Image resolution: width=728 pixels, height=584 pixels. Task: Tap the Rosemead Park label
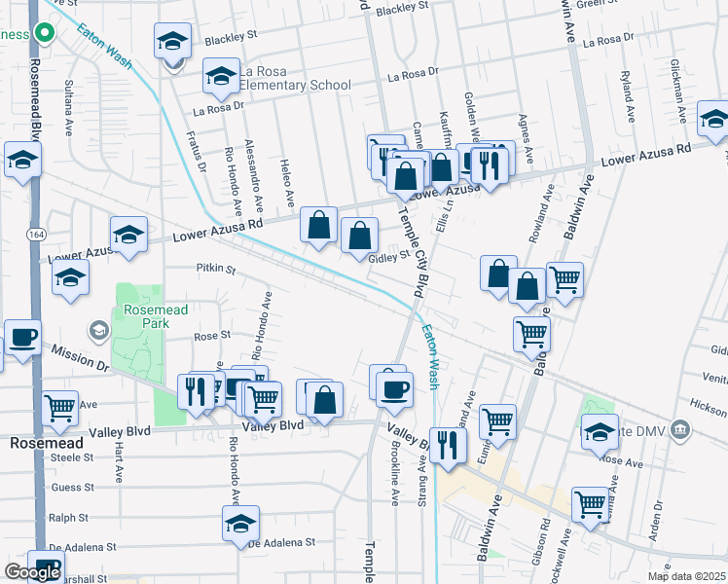tap(147, 316)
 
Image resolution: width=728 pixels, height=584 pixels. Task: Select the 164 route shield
tap(36, 235)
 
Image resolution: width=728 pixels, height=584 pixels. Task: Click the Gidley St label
tap(388, 258)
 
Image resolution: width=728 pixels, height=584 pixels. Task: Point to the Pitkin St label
tap(216, 267)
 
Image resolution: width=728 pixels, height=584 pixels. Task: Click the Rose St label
tap(211, 335)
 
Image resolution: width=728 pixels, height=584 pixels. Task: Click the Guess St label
tap(73, 487)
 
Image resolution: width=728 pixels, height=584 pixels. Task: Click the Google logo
tap(31, 572)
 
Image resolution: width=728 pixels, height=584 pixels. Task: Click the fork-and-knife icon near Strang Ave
tap(447, 446)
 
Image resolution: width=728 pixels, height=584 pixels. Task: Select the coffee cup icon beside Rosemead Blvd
tap(22, 337)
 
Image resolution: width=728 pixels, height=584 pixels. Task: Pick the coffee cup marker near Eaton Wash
tap(394, 389)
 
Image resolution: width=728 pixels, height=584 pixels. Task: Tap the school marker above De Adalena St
tap(240, 523)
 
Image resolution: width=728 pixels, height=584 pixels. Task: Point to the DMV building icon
tap(680, 428)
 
